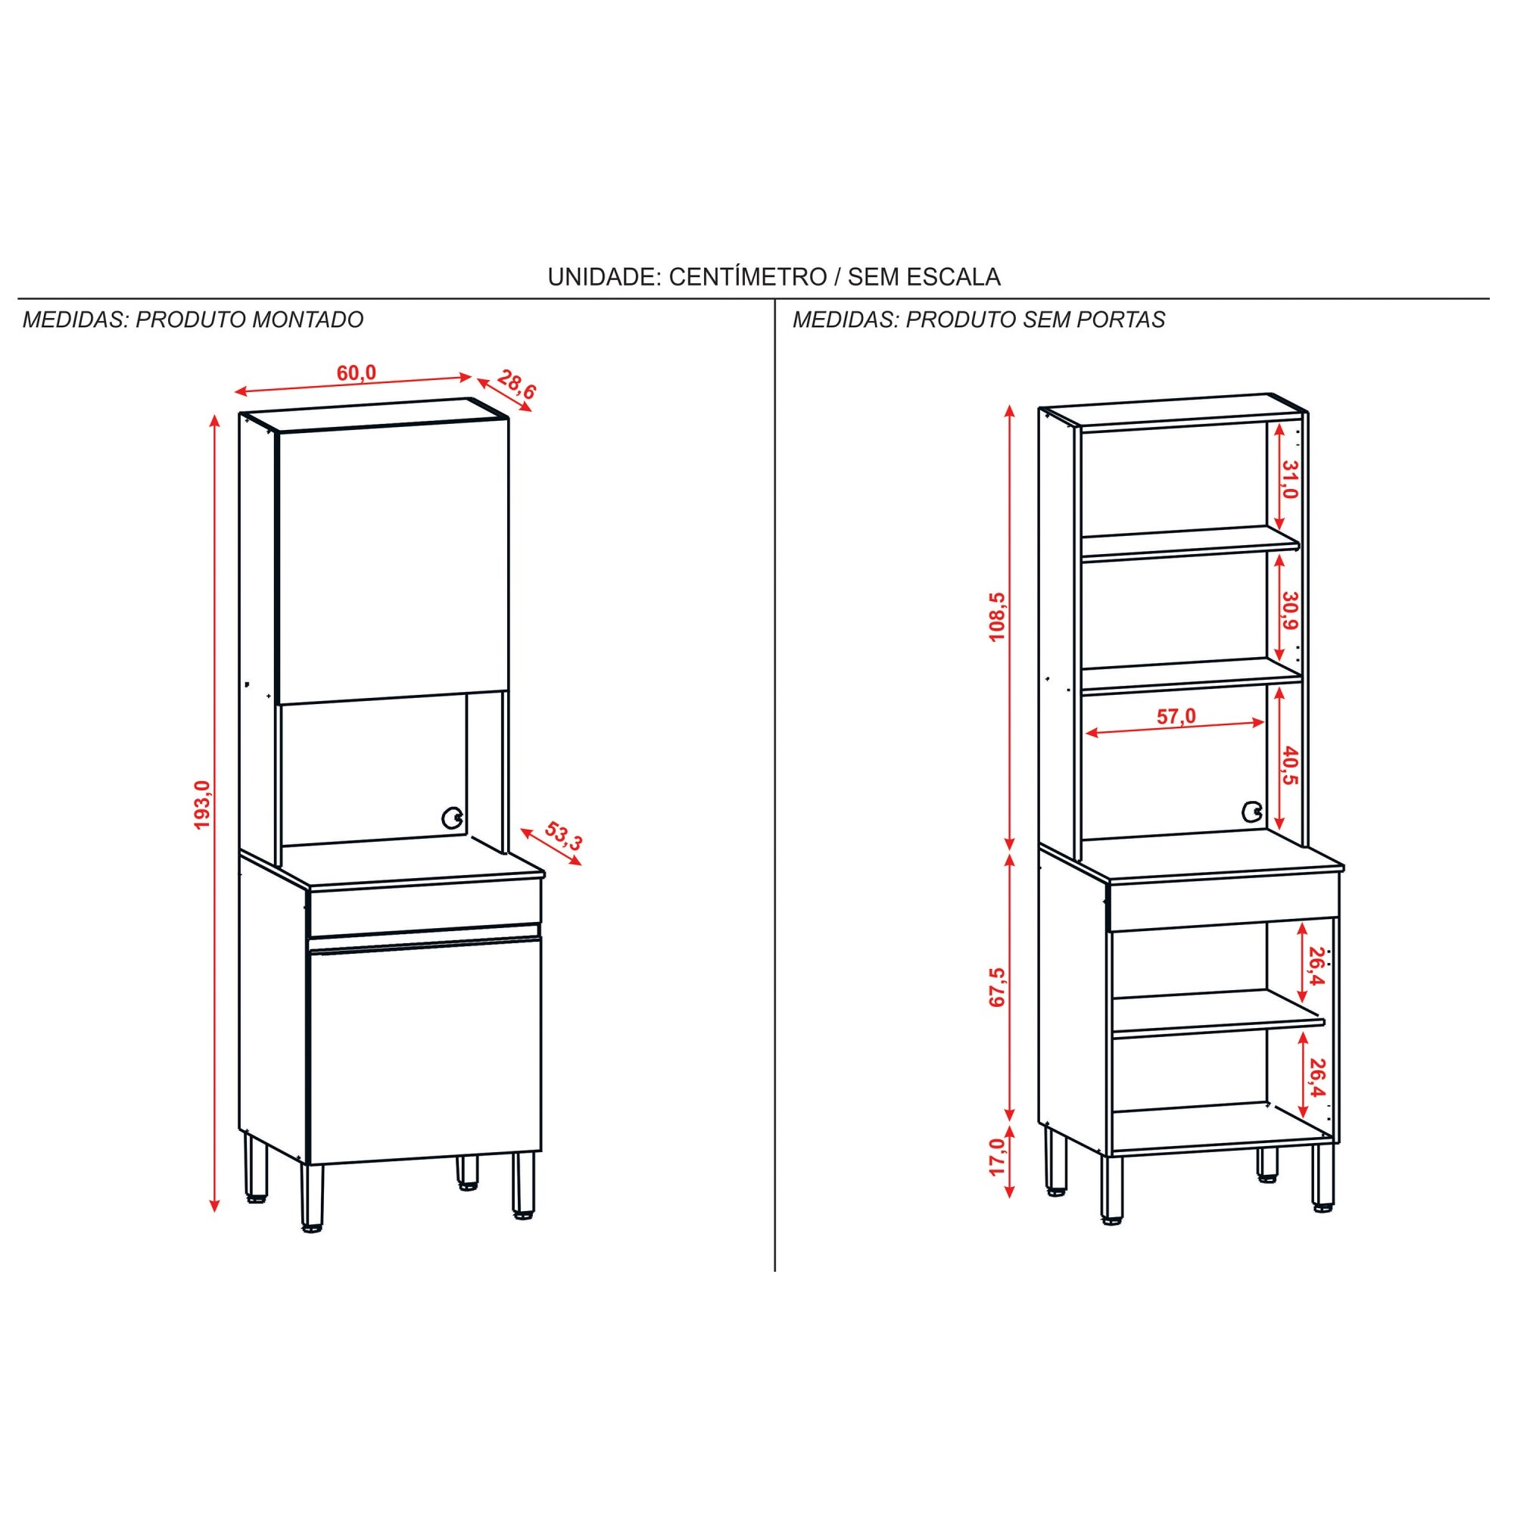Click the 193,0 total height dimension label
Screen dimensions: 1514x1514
pos(203,805)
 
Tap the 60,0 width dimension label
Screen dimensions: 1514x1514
pos(357,373)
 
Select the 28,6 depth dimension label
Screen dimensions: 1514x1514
pos(517,385)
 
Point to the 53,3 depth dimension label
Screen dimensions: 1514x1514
pos(563,836)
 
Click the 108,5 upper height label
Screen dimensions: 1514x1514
pos(997,617)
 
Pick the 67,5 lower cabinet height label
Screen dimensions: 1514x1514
pos(997,987)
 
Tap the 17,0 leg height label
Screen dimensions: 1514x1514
pos(997,1157)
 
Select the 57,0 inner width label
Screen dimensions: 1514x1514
pos(1176,716)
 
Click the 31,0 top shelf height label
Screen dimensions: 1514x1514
pos(1289,480)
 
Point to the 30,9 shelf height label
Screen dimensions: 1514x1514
pos(1289,611)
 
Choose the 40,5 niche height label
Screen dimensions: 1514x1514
pos(1289,766)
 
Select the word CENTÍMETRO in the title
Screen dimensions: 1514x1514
pos(748,276)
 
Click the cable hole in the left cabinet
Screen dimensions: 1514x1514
pos(452,818)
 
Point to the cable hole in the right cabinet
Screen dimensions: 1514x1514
pos(1252,812)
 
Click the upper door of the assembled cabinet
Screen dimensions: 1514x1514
pos(394,561)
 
